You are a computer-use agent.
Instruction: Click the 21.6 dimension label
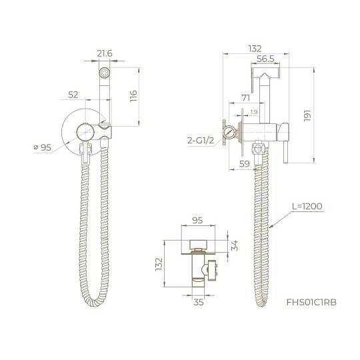click(105, 53)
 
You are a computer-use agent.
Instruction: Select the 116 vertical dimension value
click(133, 96)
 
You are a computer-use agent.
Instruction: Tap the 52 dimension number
click(73, 95)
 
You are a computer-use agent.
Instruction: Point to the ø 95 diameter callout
click(43, 147)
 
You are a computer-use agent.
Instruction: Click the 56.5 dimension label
click(265, 59)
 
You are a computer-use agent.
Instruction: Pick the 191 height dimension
click(307, 116)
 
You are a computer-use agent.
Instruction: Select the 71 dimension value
click(245, 98)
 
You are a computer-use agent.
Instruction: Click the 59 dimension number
click(244, 164)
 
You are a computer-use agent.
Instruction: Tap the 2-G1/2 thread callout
click(201, 140)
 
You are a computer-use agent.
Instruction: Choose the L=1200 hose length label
click(307, 206)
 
